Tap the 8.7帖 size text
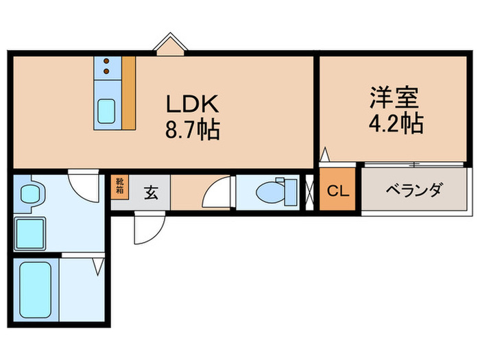point(192,129)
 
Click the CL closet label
point(337,191)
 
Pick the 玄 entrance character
point(150,192)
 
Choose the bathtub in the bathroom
point(35,289)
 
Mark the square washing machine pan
point(29,235)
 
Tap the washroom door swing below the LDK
point(86,182)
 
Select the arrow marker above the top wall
point(169,45)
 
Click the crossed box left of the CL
point(309,191)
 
